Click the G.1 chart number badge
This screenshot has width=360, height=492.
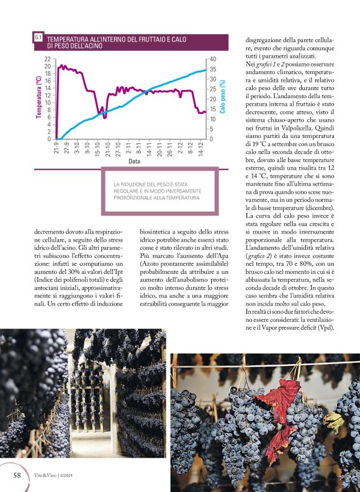(x=38, y=38)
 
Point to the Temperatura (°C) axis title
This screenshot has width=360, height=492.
(x=39, y=97)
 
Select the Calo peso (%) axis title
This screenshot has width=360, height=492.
(x=222, y=97)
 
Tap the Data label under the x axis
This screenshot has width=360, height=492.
(x=133, y=162)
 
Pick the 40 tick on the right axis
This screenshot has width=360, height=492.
(x=213, y=59)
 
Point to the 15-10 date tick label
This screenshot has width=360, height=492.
(x=98, y=148)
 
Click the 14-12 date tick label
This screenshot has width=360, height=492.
(x=200, y=148)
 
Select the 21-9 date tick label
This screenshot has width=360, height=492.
(x=56, y=148)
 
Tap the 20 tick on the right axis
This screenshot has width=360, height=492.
(x=213, y=99)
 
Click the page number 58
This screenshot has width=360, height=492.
(x=18, y=475)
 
